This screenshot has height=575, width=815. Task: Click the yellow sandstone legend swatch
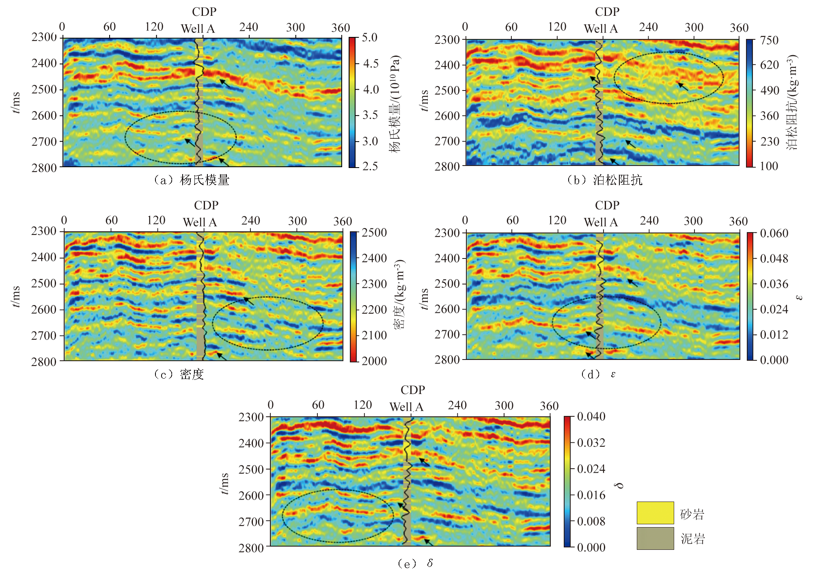click(655, 513)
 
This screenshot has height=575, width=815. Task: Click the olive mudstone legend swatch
click(655, 538)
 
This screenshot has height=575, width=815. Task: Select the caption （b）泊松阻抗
click(604, 180)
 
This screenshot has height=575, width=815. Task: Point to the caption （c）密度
click(179, 374)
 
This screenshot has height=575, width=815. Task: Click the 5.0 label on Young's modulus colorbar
click(369, 38)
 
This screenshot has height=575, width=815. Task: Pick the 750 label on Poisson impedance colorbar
click(769, 40)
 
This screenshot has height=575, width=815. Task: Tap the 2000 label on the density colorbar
click(374, 361)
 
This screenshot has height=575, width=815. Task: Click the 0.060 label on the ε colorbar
click(774, 233)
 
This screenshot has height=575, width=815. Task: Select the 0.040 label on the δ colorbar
click(591, 417)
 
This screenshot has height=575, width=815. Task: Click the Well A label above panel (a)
click(198, 29)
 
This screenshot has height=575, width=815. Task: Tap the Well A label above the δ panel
click(406, 407)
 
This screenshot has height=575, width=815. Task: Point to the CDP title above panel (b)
click(607, 12)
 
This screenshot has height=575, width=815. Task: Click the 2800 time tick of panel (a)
click(44, 167)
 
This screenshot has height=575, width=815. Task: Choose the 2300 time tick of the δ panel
click(251, 417)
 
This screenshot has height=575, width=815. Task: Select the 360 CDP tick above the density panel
click(342, 222)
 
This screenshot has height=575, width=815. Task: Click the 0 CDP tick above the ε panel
click(465, 220)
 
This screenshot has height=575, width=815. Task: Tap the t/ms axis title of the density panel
click(16, 297)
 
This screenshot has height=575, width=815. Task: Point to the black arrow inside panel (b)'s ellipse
click(683, 86)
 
